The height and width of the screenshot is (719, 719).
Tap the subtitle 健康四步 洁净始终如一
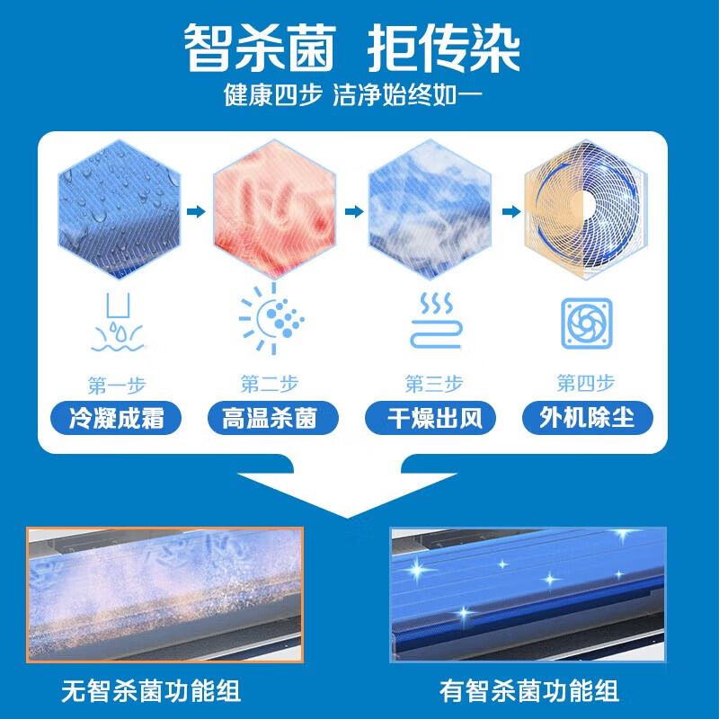click(x=359, y=95)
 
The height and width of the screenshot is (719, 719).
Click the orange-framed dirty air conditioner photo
click(x=164, y=594)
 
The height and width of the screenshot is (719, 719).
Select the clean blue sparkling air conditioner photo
click(x=528, y=594)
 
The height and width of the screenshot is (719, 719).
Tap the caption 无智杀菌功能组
click(x=151, y=691)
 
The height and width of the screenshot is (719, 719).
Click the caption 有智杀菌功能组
click(x=529, y=691)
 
